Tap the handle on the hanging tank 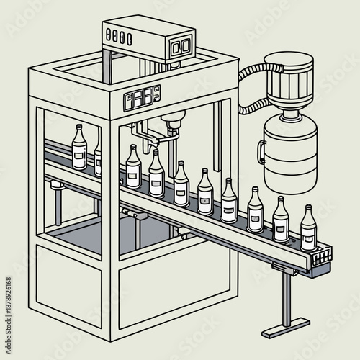pos(260,151)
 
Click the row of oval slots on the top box pos(120,33)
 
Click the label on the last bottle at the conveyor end pos(308,235)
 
